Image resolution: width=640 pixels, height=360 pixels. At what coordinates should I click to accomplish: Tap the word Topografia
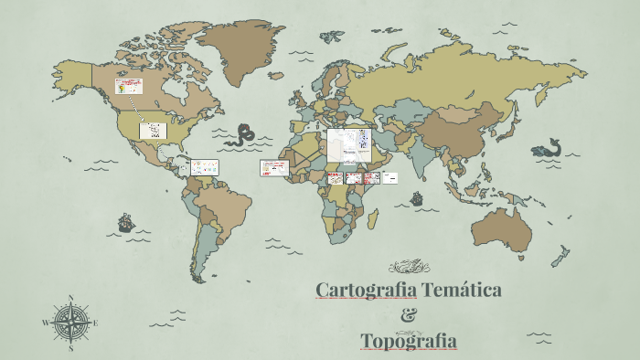coord(409,341)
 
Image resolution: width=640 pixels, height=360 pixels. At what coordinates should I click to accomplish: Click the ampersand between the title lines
coord(409,315)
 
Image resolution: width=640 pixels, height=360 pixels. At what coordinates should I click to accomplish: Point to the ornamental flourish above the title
coord(409,267)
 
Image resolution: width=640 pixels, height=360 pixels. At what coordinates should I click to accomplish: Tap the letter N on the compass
coord(71,298)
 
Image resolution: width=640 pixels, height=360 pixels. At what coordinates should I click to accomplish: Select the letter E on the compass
coord(95,323)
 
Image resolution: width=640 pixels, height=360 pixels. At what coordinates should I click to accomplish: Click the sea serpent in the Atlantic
coord(244,135)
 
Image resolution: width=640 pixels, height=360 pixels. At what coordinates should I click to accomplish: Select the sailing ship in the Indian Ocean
coord(417,196)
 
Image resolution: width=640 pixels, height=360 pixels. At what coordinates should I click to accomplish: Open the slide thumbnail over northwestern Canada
coord(128,86)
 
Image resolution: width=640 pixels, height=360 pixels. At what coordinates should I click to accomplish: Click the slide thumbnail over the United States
coord(153,131)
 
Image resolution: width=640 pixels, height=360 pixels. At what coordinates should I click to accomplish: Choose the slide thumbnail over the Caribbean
coord(205,167)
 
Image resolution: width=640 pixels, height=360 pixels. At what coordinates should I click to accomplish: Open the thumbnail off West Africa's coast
coord(273,168)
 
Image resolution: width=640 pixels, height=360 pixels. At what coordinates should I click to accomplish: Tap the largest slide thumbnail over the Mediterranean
coord(348,146)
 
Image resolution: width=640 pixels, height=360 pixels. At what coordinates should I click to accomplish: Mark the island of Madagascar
coord(374,219)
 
